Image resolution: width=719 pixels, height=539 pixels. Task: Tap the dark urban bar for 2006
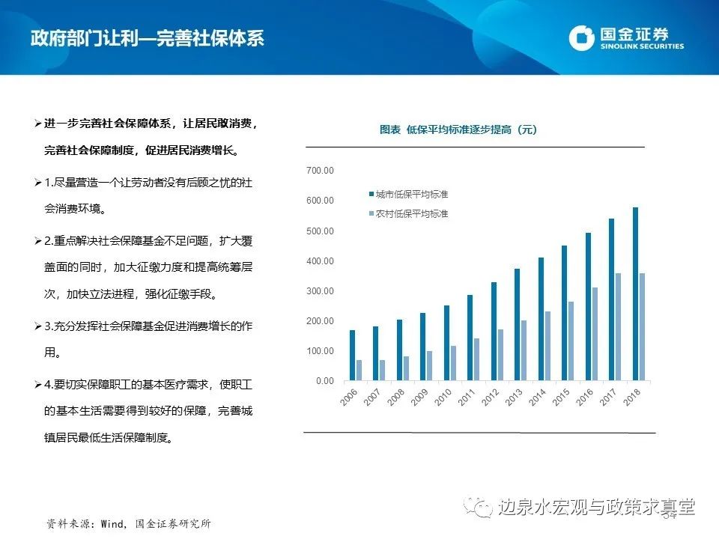[353, 356]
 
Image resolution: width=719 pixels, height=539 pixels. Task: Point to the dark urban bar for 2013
[518, 325]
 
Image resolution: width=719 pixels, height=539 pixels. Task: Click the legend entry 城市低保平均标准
[407, 195]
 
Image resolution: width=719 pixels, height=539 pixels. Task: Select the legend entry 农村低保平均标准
[407, 214]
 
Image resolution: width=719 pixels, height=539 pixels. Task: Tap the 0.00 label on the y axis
[324, 381]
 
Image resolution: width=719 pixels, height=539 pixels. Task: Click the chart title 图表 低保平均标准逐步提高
[458, 130]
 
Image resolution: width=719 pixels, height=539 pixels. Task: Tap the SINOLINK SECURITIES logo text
[642, 46]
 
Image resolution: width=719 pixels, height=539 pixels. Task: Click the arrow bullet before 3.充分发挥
[38, 327]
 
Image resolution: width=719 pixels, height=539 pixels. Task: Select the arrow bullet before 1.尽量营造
[38, 183]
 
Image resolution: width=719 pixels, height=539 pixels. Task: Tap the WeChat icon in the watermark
[480, 507]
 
